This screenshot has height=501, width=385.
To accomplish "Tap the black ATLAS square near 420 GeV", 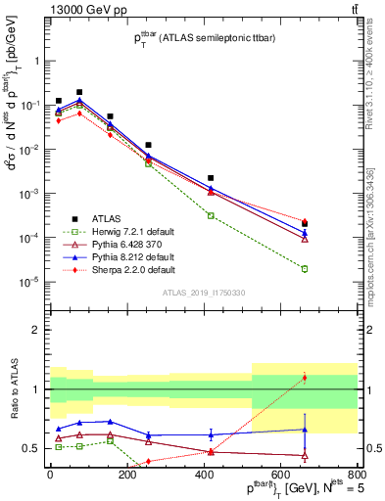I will (x=211, y=178).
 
